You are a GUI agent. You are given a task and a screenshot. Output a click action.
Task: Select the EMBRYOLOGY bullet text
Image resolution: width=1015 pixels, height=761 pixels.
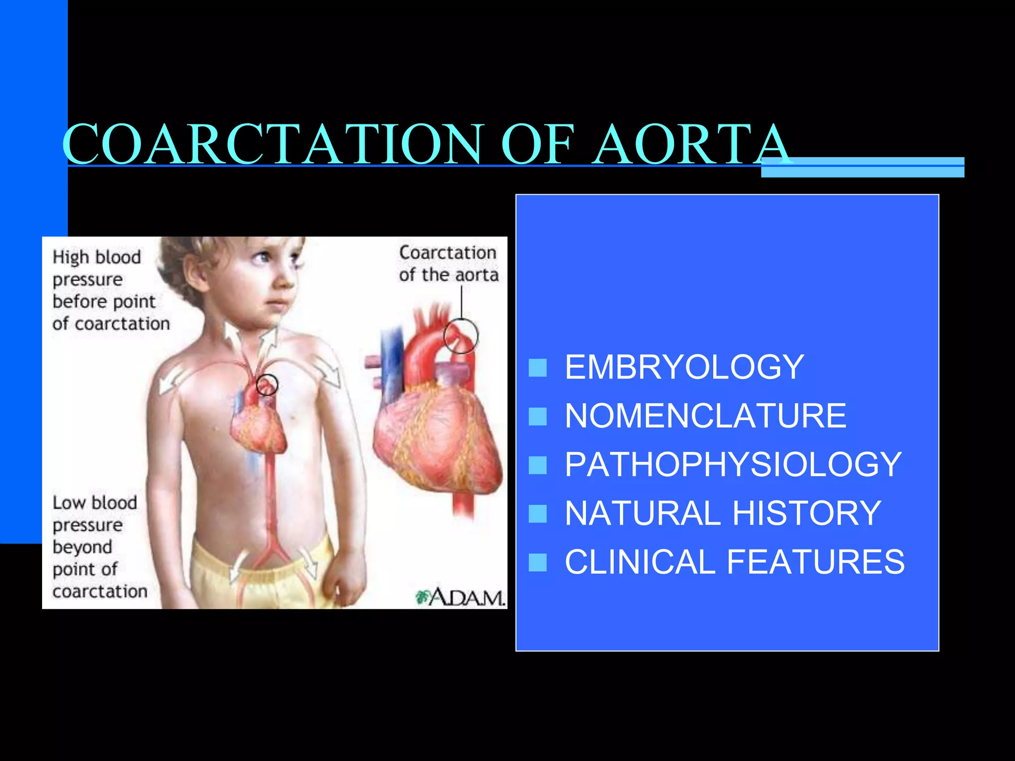click(684, 367)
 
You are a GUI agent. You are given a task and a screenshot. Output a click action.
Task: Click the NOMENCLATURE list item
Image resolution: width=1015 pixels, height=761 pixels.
click(705, 416)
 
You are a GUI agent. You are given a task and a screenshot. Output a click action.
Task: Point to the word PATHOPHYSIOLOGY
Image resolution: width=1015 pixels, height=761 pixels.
click(733, 465)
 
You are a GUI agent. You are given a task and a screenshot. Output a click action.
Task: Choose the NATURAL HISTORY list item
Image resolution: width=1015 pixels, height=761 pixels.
click(723, 513)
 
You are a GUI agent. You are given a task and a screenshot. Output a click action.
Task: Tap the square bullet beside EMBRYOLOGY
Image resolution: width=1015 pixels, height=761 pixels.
click(537, 368)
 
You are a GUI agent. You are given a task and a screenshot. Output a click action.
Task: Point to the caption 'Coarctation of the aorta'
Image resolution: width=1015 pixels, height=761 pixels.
click(448, 264)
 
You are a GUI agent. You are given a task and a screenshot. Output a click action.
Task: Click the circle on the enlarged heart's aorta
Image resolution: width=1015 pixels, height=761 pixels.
click(461, 336)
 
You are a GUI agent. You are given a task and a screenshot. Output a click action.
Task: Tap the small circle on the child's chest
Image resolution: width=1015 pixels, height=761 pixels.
click(267, 384)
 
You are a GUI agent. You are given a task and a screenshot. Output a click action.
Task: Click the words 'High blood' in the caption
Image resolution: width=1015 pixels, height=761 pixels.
click(97, 258)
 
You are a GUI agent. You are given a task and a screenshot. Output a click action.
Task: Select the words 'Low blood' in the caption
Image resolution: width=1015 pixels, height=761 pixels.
click(95, 503)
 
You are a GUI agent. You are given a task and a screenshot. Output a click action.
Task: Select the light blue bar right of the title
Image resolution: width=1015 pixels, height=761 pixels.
click(862, 167)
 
